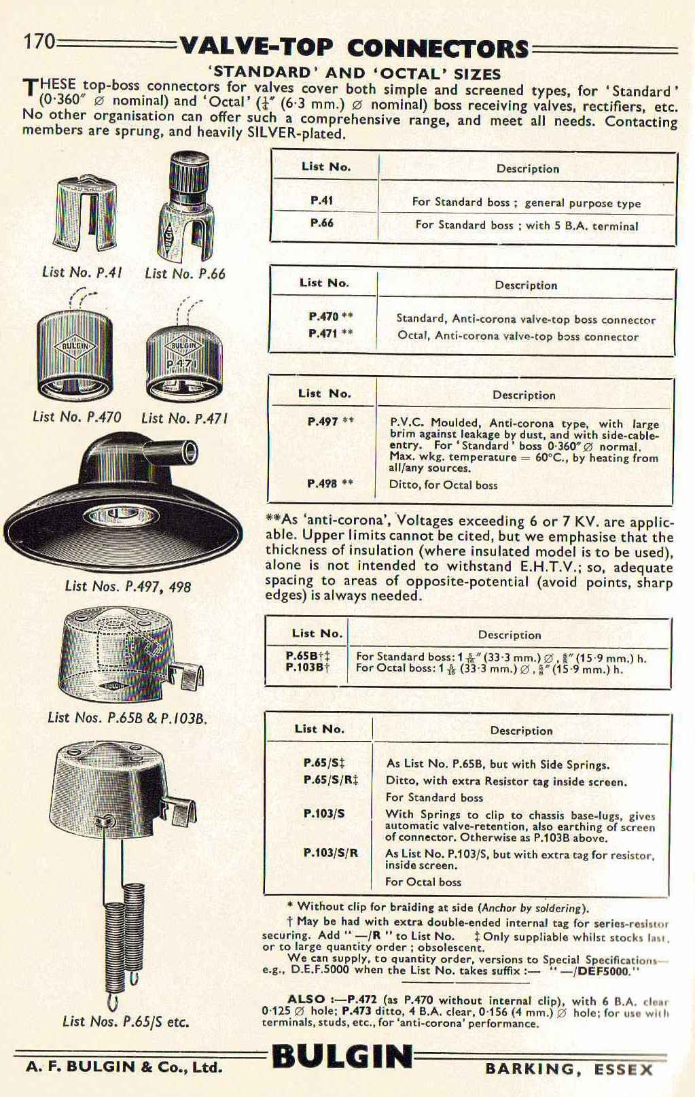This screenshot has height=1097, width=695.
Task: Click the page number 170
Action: pos(39,42)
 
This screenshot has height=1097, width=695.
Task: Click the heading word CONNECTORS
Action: pos(438,49)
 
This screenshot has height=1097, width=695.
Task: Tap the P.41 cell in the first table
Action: pos(322,201)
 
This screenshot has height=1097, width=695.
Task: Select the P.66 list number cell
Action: pos(322,224)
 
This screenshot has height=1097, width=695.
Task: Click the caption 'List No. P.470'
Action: pos(77,417)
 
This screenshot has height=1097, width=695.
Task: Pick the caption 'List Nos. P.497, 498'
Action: pos(128,586)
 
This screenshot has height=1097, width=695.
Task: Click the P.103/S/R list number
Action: pos(330,853)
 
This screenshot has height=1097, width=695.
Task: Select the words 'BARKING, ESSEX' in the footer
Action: pos(569,1069)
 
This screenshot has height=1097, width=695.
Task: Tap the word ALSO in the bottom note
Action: pos(306,999)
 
